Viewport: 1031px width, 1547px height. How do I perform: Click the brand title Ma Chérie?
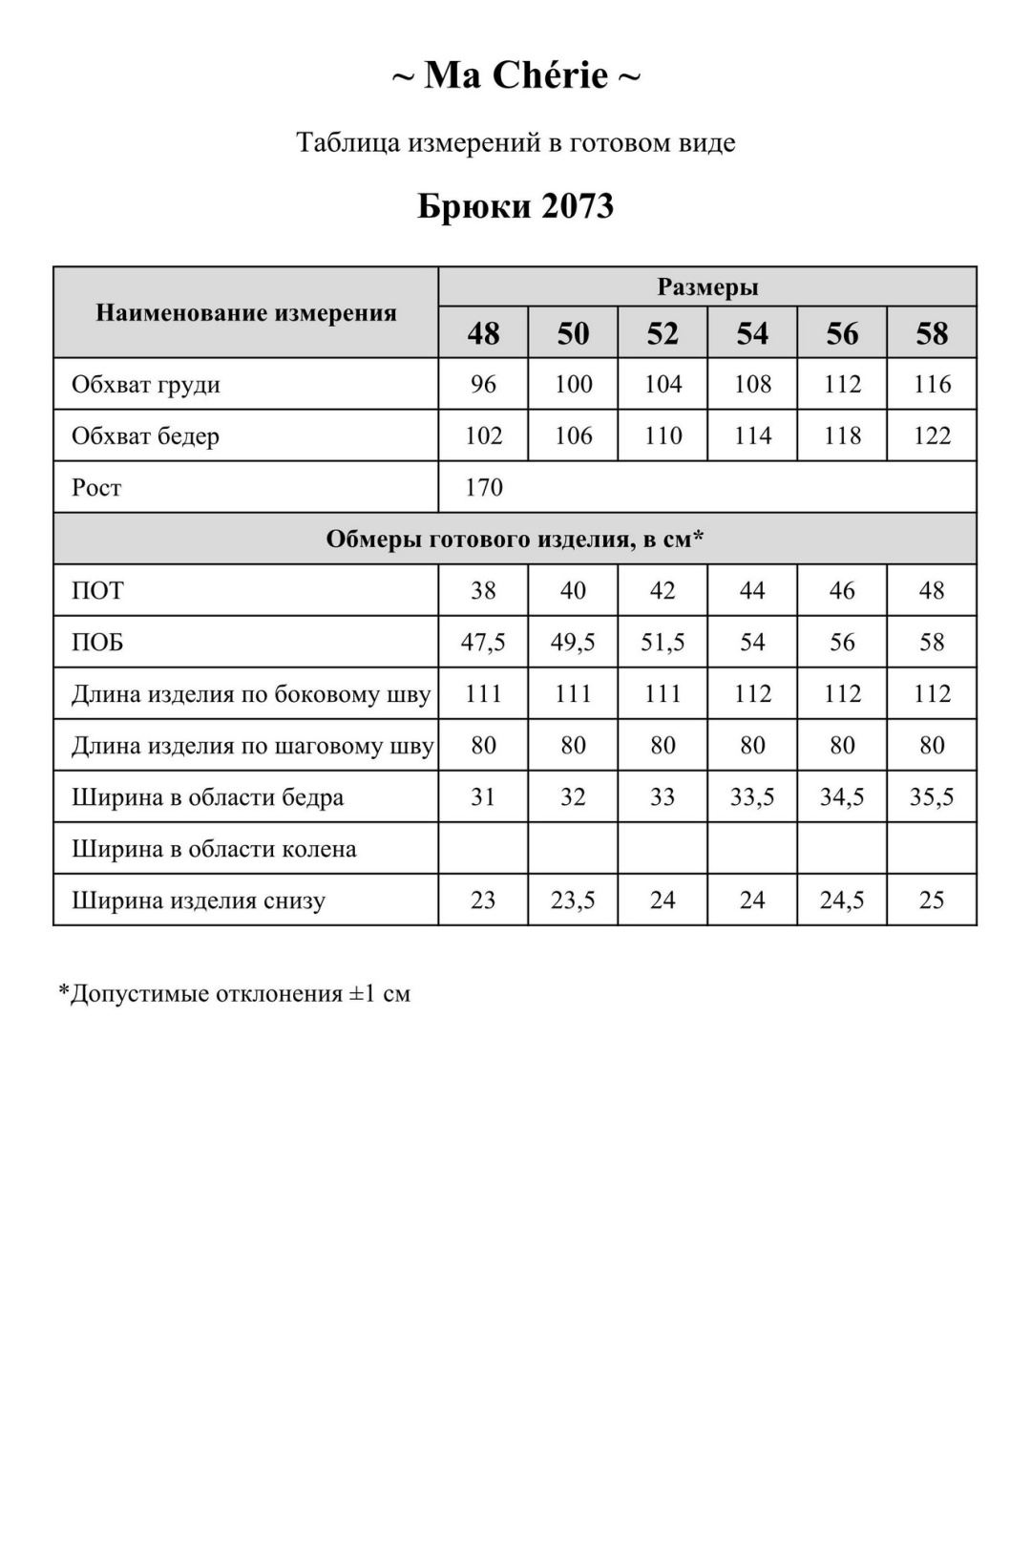coord(515,75)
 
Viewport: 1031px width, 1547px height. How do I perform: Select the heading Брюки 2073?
coord(515,206)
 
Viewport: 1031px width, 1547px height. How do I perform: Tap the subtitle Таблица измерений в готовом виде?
coord(515,143)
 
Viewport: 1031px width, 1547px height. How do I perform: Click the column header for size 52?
coord(663,333)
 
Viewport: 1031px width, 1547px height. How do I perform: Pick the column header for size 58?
coord(932,333)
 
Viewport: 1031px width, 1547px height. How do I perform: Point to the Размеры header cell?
coord(707,287)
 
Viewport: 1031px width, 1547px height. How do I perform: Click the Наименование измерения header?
coord(246,313)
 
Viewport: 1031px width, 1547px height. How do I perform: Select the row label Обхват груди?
coord(146,385)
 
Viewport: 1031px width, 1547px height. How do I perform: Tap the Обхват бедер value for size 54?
coord(752,436)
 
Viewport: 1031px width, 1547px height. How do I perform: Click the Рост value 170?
coord(484,488)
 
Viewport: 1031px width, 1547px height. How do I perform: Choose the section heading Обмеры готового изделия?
coord(515,540)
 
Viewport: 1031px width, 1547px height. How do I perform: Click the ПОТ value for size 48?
coord(483,591)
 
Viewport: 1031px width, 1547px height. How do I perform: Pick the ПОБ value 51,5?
coord(663,643)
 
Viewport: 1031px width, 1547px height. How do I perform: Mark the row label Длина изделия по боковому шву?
coord(251,694)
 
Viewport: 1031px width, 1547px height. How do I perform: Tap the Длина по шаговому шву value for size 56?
coord(842,746)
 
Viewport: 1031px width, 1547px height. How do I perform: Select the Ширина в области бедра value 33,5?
coord(752,797)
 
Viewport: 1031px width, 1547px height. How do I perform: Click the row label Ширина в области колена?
coord(214,849)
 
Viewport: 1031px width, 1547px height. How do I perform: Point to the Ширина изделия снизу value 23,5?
coord(573,901)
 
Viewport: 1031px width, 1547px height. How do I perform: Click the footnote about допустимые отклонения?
coord(235,994)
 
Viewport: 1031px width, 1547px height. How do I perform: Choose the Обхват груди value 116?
coord(932,385)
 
